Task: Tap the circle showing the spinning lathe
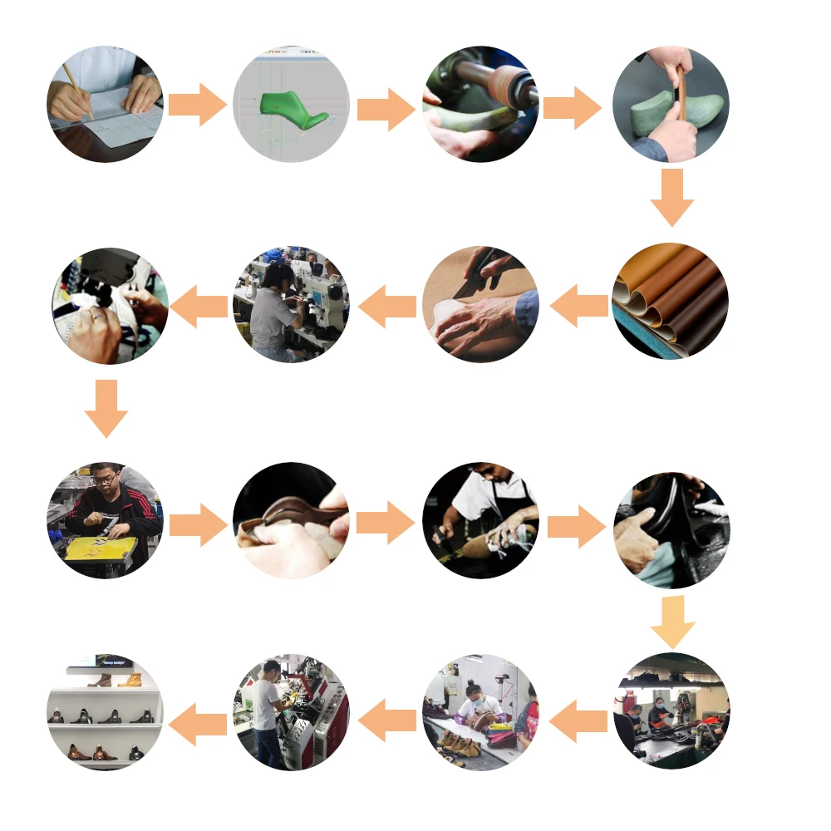[480, 104]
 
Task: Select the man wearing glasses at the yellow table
[103, 499]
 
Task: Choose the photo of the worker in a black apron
[480, 519]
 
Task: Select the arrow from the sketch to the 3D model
[197, 105]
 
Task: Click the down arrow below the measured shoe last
[671, 197]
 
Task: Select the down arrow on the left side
[106, 408]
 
